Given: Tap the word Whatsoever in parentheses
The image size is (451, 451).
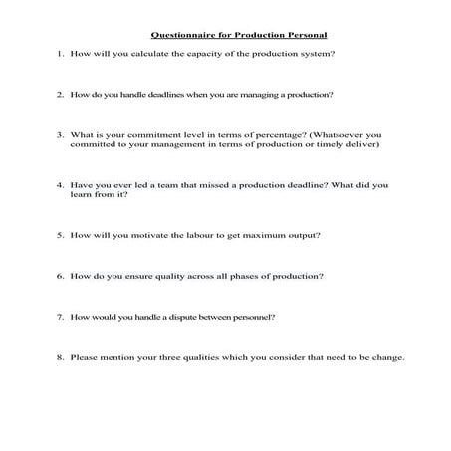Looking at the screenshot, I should pos(338,134).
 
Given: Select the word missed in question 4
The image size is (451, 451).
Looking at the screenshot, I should pos(216,185).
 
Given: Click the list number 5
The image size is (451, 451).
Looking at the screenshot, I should pos(59,236).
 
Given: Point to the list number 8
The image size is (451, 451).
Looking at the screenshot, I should pos(59,356).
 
